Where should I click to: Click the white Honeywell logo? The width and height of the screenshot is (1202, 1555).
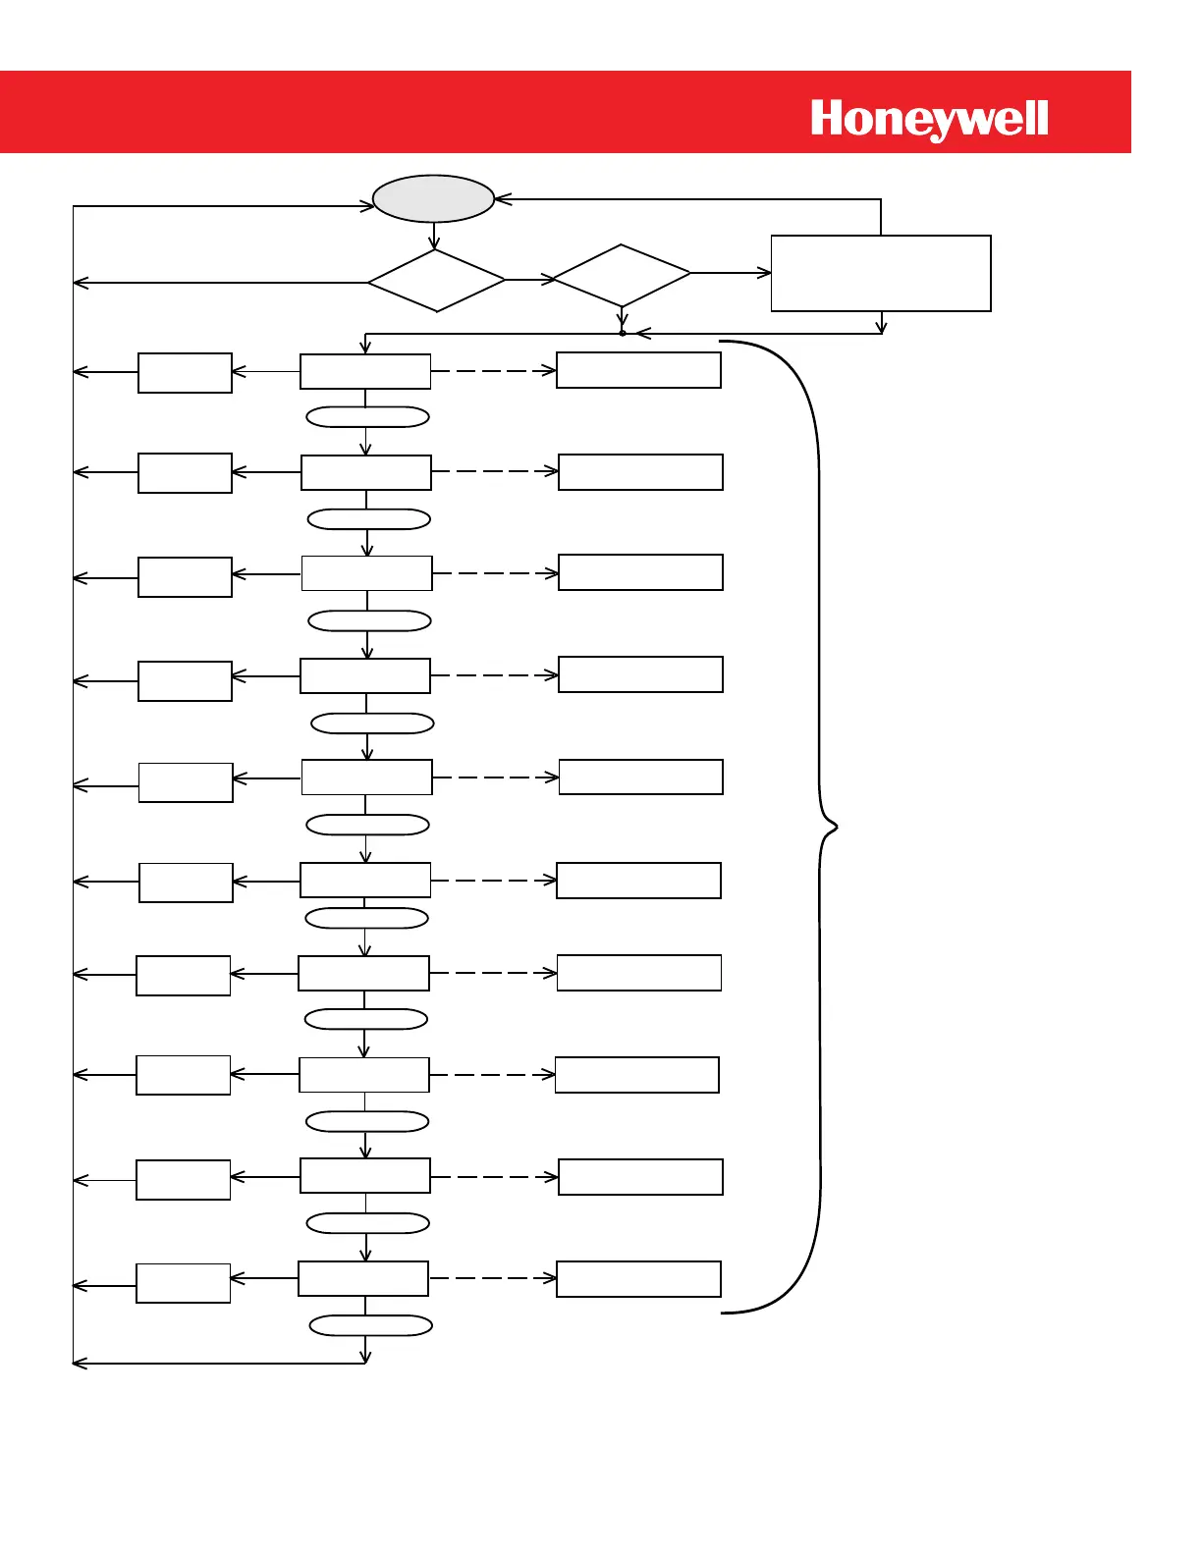coord(929,120)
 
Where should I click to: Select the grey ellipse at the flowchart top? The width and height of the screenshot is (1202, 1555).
coord(433,199)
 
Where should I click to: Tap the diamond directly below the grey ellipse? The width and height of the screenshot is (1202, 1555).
coord(436,281)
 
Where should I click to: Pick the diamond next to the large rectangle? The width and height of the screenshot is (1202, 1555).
coord(622,276)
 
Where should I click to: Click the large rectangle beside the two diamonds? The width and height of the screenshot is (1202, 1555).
coord(881,273)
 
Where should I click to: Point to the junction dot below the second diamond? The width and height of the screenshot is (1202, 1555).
coord(623,333)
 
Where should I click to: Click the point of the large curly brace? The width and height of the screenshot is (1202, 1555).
coord(835,828)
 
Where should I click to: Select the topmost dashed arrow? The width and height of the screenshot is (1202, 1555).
coord(493,371)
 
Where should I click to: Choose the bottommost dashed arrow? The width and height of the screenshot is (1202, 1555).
coord(492,1278)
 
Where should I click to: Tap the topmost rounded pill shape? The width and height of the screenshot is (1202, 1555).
coord(367,417)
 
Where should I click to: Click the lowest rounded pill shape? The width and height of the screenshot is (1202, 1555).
coord(370,1325)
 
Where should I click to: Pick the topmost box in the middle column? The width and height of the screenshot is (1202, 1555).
coord(365,372)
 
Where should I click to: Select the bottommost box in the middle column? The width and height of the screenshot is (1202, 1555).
coord(363,1278)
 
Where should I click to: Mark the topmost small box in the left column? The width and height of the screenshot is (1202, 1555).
coord(185,373)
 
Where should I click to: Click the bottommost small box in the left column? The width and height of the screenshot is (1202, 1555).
coord(183,1283)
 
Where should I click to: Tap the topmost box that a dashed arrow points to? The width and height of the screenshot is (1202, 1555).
coord(638,370)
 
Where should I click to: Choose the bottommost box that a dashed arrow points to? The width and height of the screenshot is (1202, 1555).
coord(638,1279)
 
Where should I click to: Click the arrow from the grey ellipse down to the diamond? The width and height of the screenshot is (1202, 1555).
coord(434,236)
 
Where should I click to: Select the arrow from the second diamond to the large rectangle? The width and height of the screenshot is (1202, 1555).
coord(731,273)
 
